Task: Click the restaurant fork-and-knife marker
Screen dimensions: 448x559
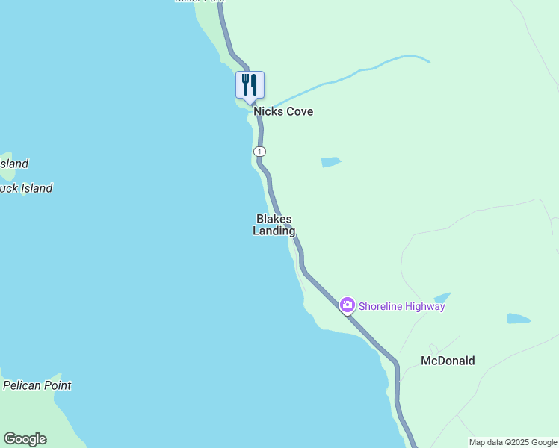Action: pyautogui.click(x=250, y=85)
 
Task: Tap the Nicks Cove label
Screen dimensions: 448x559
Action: pyautogui.click(x=282, y=111)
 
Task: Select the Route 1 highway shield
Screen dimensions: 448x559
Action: pyautogui.click(x=259, y=152)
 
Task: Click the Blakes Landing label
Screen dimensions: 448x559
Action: pyautogui.click(x=274, y=225)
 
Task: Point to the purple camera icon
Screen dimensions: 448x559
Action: pyautogui.click(x=347, y=305)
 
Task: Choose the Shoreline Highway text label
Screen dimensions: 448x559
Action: pyautogui.click(x=401, y=306)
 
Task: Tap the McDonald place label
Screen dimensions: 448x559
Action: pyautogui.click(x=448, y=361)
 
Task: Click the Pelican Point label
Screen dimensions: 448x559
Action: pyautogui.click(x=37, y=386)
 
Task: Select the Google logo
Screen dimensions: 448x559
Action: pyautogui.click(x=25, y=439)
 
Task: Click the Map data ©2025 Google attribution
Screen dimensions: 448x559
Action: pyautogui.click(x=513, y=442)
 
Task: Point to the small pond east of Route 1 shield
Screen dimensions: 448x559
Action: pyautogui.click(x=330, y=162)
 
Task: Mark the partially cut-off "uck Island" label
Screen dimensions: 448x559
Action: pyautogui.click(x=26, y=188)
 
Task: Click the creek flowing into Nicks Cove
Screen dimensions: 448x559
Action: pyautogui.click(x=351, y=75)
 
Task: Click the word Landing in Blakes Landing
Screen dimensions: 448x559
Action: pyautogui.click(x=274, y=231)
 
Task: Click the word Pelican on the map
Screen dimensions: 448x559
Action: pyautogui.click(x=23, y=386)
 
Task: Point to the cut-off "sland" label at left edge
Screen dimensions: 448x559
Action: pyautogui.click(x=14, y=164)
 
